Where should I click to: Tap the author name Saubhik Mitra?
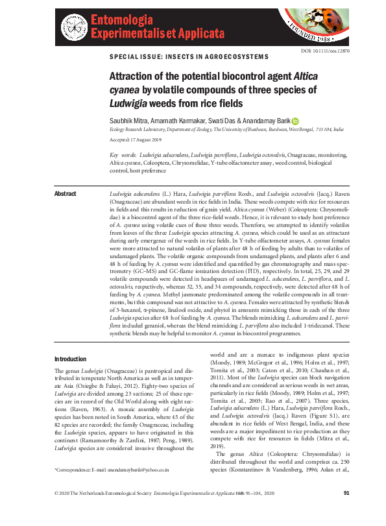click(x=130, y=121)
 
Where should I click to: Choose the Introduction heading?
click(x=70, y=359)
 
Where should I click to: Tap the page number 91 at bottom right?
click(x=346, y=512)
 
